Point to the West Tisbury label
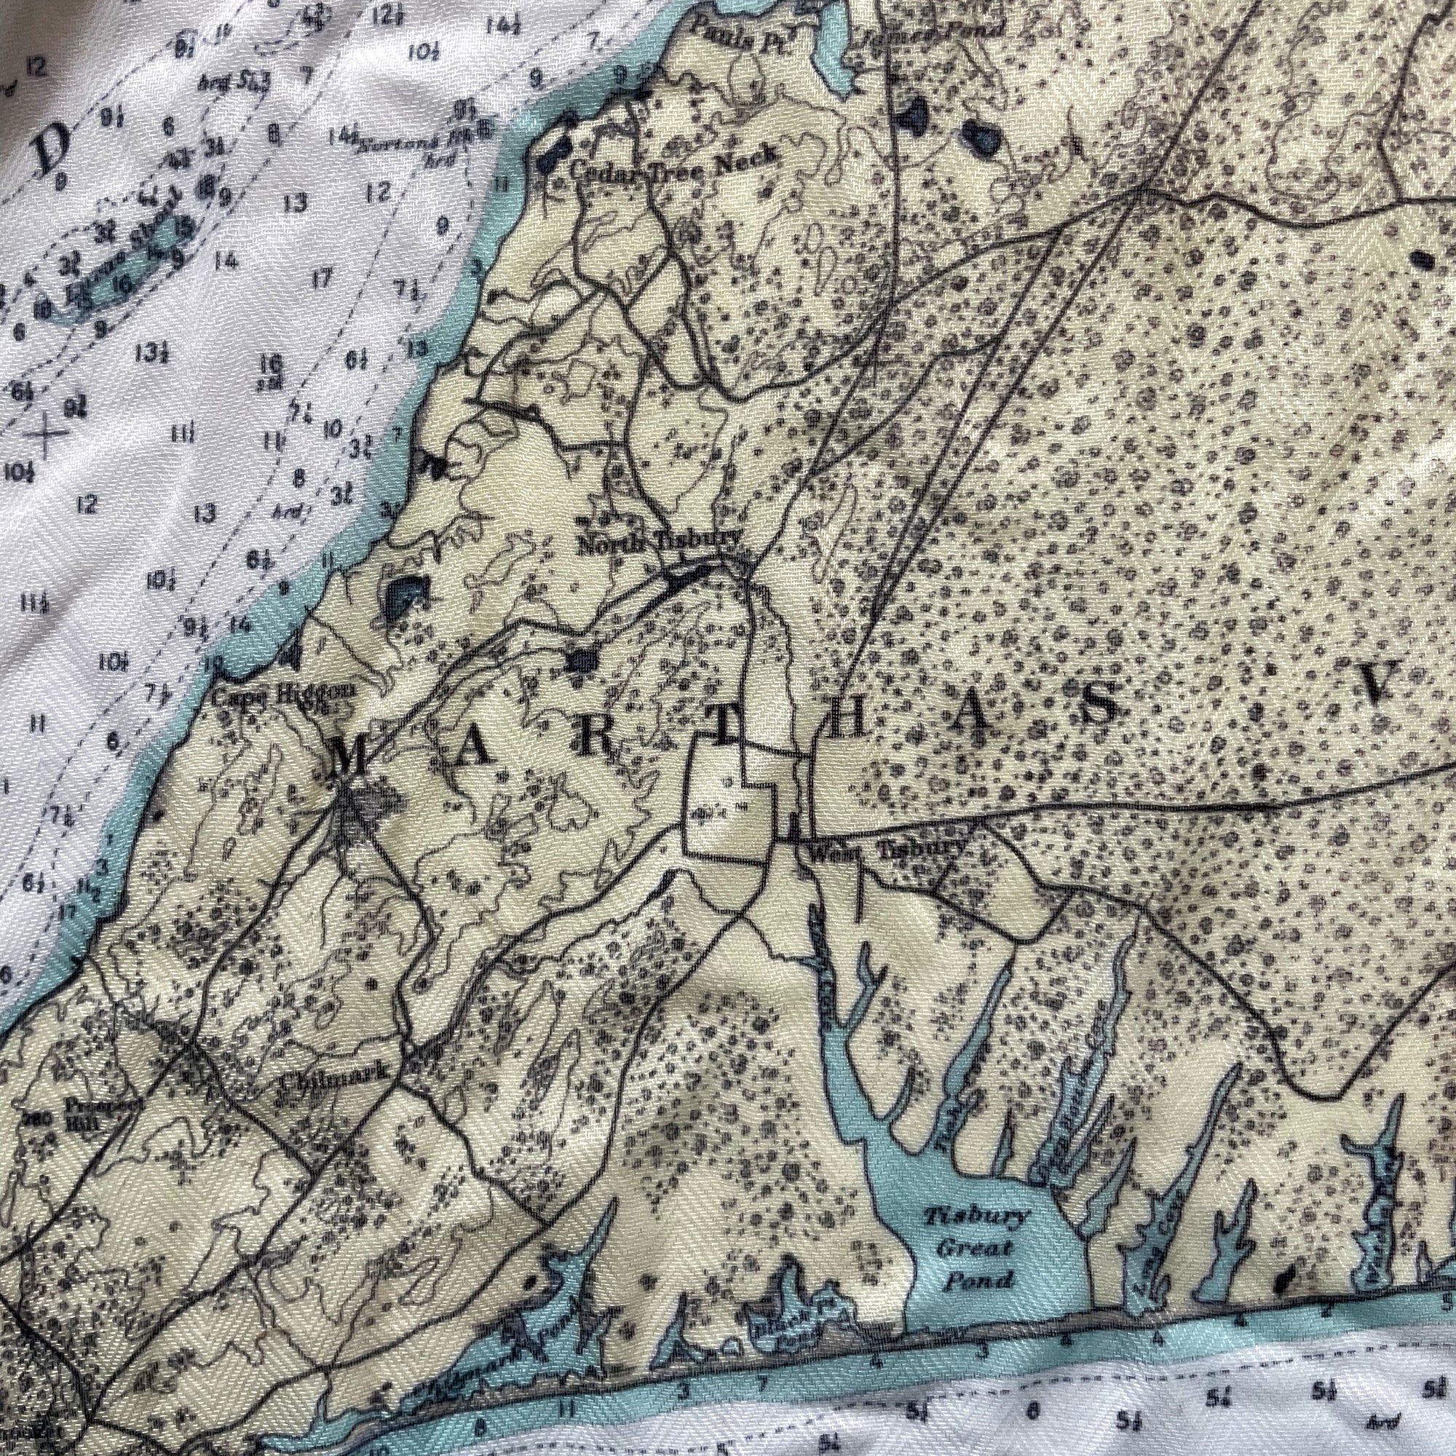(887, 850)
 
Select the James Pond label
(944, 31)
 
